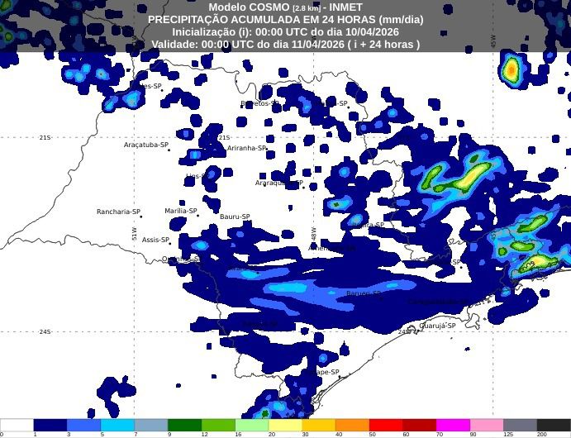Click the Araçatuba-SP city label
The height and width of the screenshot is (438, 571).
coord(146,145)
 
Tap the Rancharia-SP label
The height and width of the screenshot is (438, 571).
coord(117,212)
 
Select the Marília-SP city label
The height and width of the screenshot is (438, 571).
coord(180,211)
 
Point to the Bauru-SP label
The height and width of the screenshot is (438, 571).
coord(235,217)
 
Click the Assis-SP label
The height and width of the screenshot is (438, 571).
coord(155,240)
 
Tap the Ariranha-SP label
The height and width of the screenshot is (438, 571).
coord(247,149)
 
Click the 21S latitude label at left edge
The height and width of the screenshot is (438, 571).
coord(45,137)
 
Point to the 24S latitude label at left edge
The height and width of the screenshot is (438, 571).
coord(45,331)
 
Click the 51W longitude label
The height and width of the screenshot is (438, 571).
coord(134,234)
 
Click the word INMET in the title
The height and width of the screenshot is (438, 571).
coord(346,7)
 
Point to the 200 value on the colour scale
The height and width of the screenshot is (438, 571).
coord(541,433)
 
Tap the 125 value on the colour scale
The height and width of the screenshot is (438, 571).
coord(507,433)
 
